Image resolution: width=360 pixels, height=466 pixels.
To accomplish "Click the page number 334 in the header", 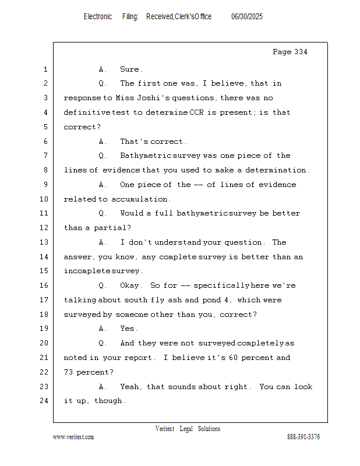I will (x=300, y=52).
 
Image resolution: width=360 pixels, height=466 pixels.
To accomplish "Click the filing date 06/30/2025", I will (x=247, y=17).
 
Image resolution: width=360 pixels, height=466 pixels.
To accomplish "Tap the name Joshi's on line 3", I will (x=145, y=98).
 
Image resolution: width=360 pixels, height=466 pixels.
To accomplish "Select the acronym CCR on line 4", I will (x=196, y=112).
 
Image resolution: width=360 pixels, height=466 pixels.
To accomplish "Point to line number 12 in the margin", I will (x=44, y=228).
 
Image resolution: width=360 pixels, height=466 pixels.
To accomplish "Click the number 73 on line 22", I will (x=69, y=372).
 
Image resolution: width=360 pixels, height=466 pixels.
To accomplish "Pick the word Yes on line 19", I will (x=128, y=329).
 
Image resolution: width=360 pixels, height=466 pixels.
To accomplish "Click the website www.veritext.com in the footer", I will (x=73, y=437).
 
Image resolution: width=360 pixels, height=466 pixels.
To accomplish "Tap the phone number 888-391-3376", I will (x=303, y=437).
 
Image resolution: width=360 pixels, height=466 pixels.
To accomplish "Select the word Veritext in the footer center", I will (x=165, y=429).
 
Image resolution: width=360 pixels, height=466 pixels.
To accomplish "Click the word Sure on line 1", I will (x=130, y=69).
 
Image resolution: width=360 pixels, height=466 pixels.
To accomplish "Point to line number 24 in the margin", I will (x=44, y=401).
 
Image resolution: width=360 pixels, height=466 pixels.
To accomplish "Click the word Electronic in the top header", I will (x=98, y=17).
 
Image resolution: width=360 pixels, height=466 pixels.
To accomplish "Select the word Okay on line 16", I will (x=130, y=285).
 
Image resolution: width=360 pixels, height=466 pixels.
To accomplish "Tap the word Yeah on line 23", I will (x=131, y=387).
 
